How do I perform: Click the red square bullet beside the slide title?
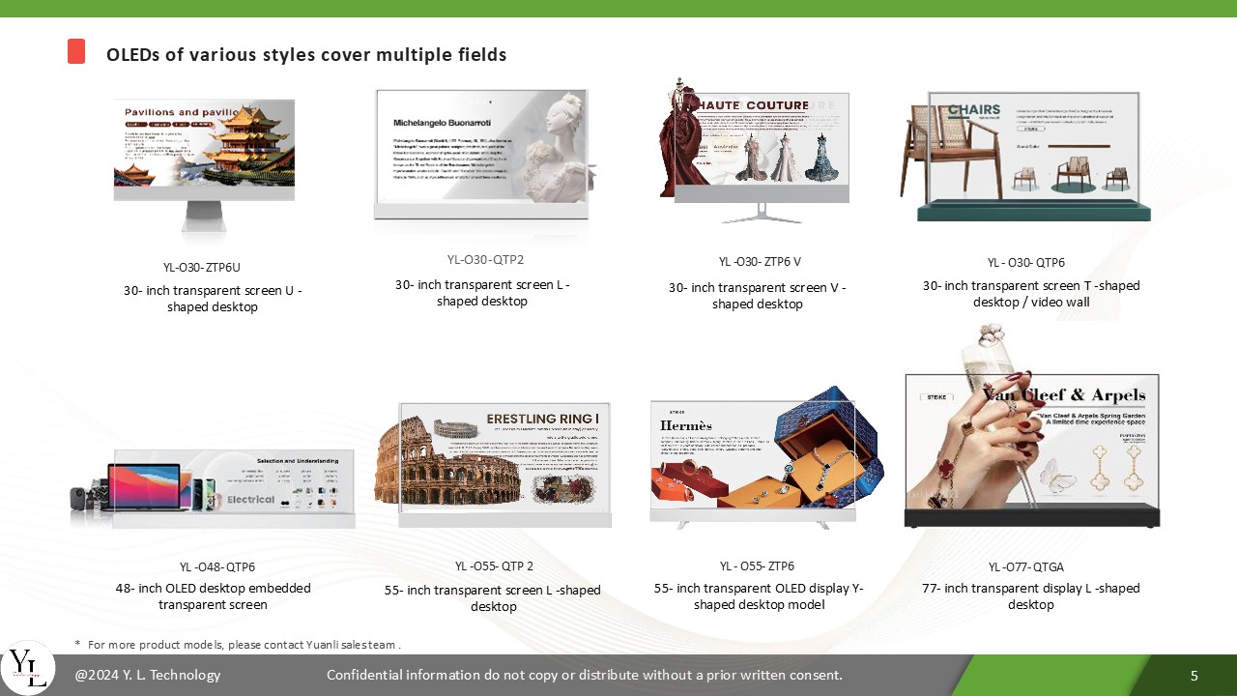76,51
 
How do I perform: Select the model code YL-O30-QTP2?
485,259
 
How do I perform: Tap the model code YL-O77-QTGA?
1025,566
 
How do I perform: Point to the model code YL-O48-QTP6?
217,566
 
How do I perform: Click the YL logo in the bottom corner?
27,667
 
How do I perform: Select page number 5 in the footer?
1194,675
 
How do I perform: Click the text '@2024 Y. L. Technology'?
148,675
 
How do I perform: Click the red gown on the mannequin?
684,155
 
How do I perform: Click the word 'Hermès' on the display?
686,425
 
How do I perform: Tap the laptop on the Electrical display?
143,486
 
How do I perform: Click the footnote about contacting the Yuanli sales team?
238,644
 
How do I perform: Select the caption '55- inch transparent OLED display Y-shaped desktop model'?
759,596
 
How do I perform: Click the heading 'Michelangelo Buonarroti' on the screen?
442,124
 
